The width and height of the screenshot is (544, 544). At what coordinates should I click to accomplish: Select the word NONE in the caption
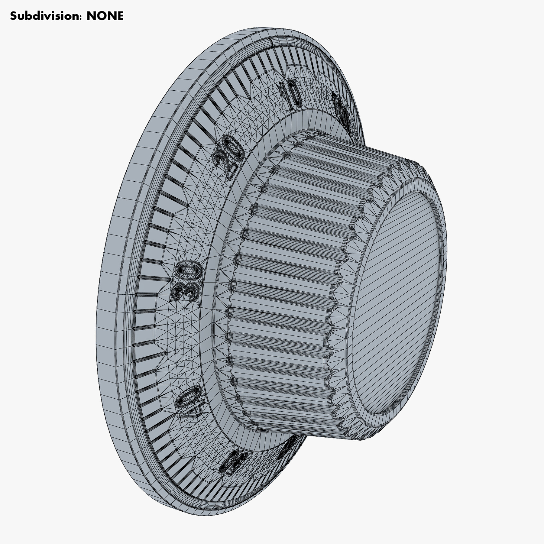(105, 16)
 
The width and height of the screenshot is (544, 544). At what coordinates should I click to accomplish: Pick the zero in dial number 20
(234, 149)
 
